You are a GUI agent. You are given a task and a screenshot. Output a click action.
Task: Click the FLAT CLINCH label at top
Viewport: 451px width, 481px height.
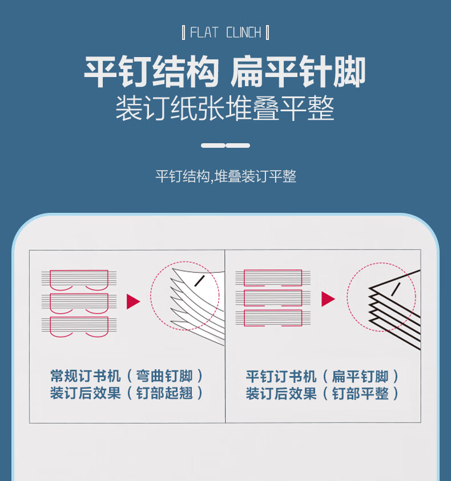tap(226, 33)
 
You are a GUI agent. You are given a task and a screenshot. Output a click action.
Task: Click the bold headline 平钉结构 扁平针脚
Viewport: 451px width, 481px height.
tap(225, 72)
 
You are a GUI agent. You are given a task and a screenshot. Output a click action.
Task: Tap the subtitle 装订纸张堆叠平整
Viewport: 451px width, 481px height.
tap(225, 108)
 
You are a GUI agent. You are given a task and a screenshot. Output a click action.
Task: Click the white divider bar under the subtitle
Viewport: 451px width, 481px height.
tap(226, 145)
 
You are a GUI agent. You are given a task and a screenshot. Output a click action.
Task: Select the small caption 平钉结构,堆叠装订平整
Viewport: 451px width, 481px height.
tap(226, 176)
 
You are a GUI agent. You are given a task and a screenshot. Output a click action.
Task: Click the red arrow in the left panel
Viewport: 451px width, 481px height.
tap(133, 301)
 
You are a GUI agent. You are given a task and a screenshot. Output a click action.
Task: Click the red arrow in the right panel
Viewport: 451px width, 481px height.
tap(328, 299)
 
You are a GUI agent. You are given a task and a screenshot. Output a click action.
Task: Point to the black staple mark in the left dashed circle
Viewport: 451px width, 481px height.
tap(200, 281)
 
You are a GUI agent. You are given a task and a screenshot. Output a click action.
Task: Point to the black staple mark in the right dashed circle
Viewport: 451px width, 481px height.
tap(396, 289)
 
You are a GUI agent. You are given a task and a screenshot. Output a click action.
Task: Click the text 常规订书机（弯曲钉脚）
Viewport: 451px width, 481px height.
tap(127, 376)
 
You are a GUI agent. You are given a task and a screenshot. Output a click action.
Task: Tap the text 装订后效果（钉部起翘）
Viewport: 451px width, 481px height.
tap(127, 393)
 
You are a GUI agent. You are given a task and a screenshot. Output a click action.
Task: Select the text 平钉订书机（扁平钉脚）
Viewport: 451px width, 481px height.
tap(322, 377)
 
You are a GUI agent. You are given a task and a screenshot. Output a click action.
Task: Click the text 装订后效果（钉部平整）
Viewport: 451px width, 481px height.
tap(322, 394)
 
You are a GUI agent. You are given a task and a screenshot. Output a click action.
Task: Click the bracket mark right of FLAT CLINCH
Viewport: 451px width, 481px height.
tap(267, 33)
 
